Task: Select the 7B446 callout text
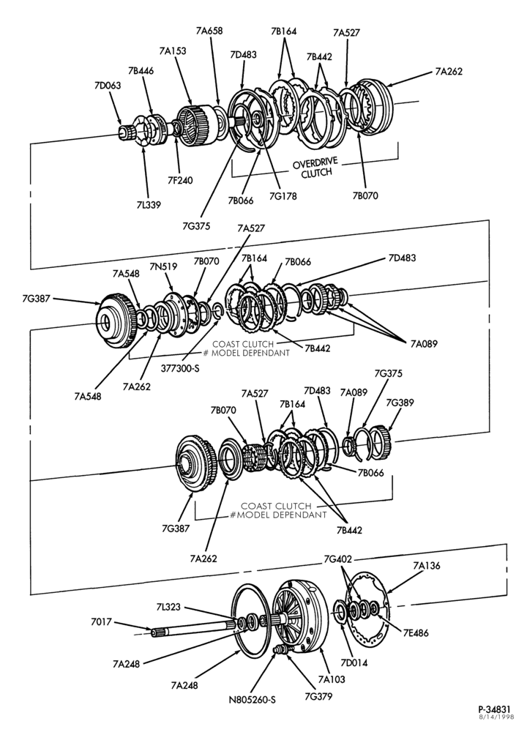[141, 70]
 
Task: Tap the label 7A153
[172, 51]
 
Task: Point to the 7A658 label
[209, 31]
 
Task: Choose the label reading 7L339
[149, 204]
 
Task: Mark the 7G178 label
[283, 196]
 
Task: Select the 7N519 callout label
[163, 266]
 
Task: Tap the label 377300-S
[180, 368]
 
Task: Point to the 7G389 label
[400, 403]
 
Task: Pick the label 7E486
[415, 633]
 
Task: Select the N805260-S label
[252, 700]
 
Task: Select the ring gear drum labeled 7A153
[195, 126]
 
